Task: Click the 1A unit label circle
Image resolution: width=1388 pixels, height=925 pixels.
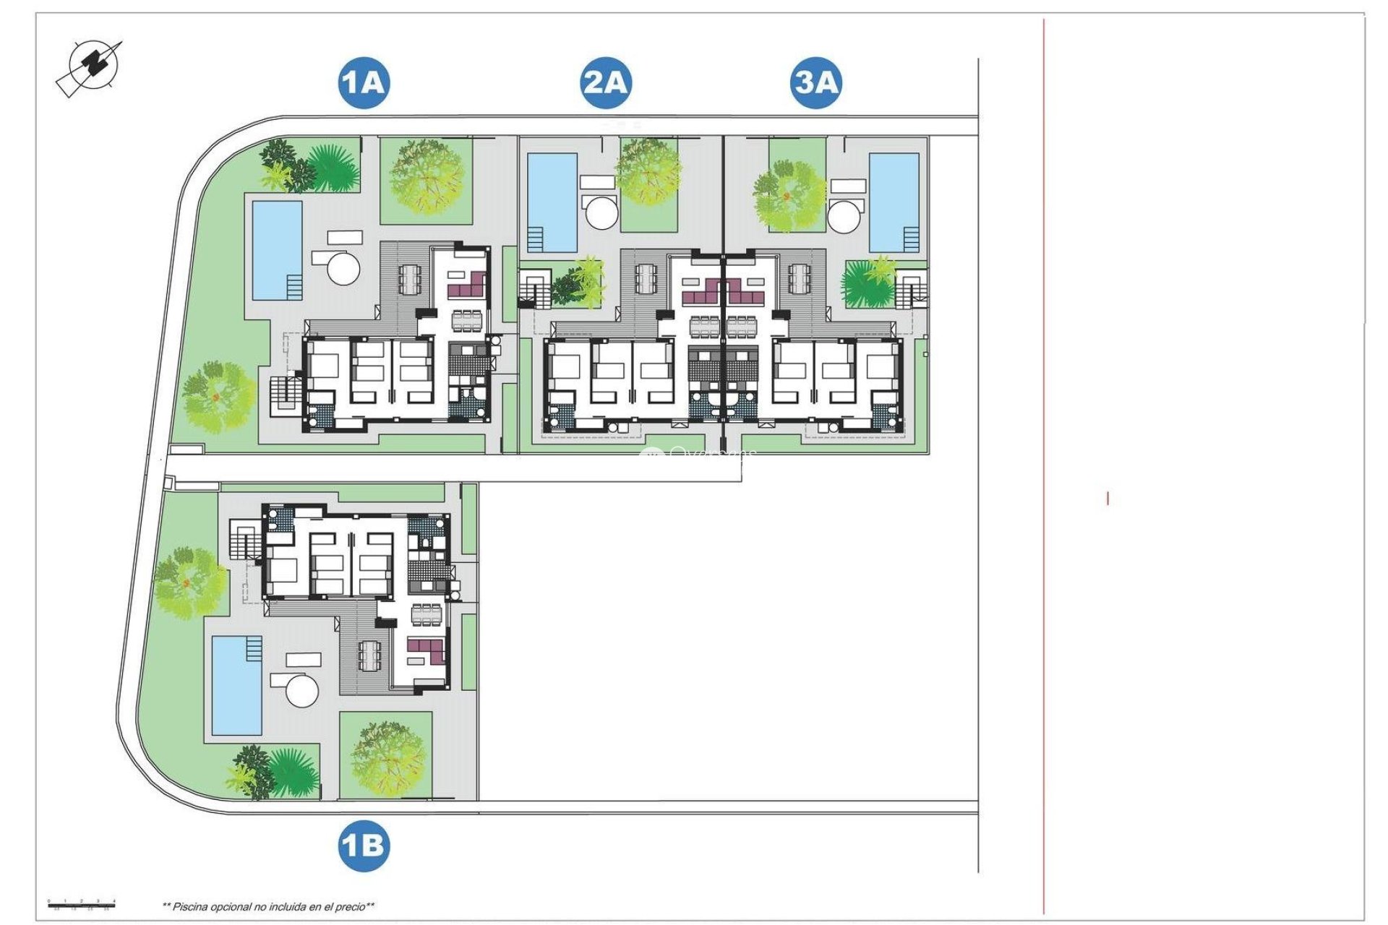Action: [x=364, y=83]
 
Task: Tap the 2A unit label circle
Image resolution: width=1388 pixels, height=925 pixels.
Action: [x=606, y=83]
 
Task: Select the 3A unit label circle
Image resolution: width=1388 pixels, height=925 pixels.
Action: [x=815, y=83]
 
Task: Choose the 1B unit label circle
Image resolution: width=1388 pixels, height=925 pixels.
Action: [x=364, y=846]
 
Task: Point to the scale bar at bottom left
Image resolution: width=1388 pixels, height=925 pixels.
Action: [x=81, y=903]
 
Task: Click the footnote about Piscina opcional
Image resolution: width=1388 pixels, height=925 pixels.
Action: [x=268, y=906]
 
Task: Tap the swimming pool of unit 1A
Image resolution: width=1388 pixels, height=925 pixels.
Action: [x=277, y=250]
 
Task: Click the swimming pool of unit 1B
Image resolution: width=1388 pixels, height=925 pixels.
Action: [x=237, y=685]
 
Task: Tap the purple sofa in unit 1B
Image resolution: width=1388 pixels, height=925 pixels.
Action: [x=426, y=651]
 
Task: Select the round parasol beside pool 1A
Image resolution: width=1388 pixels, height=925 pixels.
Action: [x=343, y=267]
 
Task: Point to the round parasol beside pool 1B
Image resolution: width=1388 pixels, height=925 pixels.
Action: [x=302, y=691]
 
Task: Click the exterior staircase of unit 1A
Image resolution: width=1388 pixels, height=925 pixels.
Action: [x=284, y=395]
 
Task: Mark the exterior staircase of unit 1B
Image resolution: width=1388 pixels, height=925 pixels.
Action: [x=244, y=539]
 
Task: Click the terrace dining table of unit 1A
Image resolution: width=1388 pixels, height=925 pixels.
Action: [x=409, y=279]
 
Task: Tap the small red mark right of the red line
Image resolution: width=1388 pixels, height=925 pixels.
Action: [x=1108, y=498]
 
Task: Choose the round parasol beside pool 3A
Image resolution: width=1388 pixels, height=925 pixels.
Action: [x=845, y=215]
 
